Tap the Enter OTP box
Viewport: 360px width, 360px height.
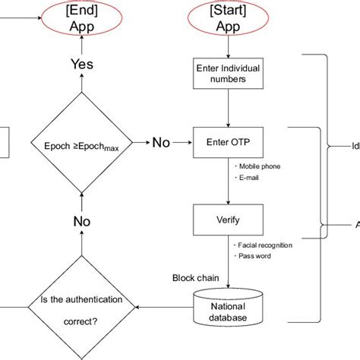coord(228,141)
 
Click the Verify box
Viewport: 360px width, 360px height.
coord(228,220)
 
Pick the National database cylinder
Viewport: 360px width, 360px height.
coord(228,308)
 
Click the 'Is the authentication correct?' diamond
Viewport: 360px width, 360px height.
coord(82,309)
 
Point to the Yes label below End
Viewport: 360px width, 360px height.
coord(82,65)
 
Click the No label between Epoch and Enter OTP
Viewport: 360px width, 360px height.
coord(160,142)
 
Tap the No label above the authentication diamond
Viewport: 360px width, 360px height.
coord(82,221)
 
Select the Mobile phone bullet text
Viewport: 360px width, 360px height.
coord(257,166)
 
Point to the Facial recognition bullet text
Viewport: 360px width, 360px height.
coord(264,245)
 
